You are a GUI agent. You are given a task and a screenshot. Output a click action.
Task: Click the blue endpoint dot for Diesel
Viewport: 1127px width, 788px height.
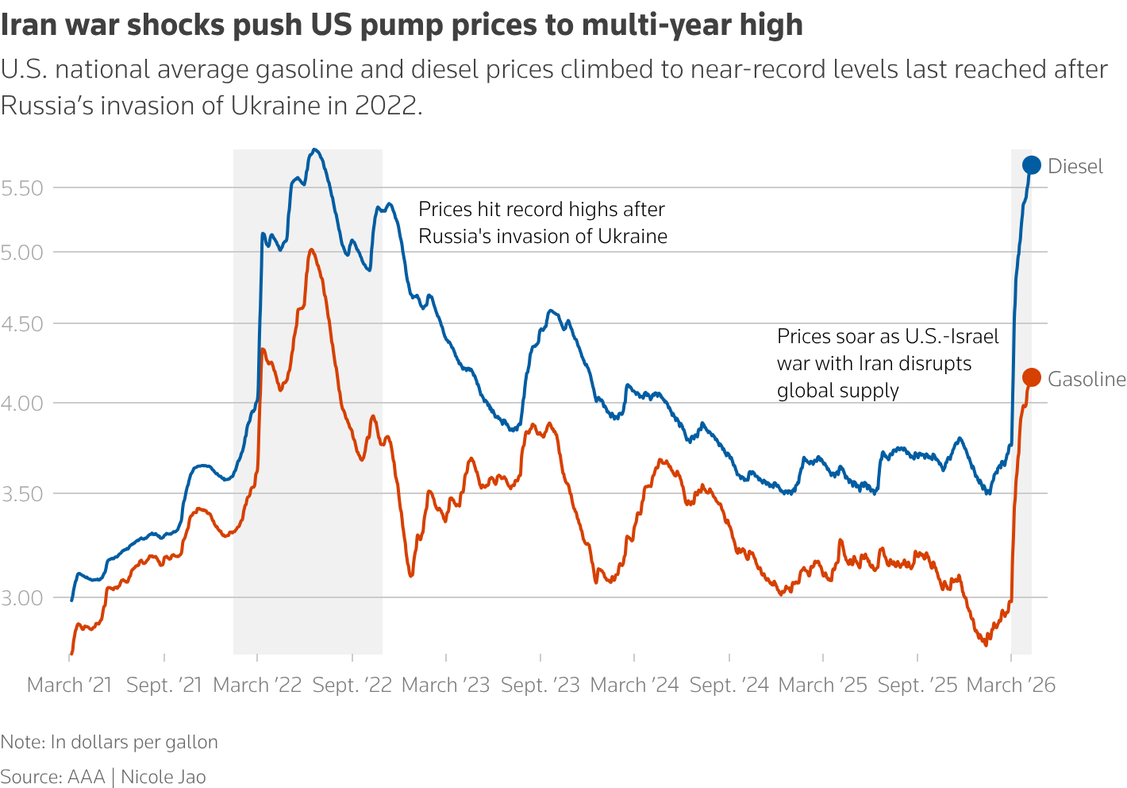click(1031, 165)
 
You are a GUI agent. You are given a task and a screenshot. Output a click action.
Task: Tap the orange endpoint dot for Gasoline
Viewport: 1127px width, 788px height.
click(1031, 377)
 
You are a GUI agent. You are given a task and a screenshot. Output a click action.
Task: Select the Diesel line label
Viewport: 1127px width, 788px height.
click(1075, 166)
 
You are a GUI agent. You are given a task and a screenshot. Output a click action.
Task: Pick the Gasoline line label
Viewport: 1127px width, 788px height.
click(1087, 379)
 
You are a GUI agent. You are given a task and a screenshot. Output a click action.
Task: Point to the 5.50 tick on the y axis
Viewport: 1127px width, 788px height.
click(21, 188)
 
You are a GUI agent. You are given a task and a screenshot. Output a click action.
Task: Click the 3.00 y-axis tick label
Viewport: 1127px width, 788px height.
click(21, 597)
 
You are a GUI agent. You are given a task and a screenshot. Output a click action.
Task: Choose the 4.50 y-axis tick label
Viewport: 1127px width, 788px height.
click(21, 324)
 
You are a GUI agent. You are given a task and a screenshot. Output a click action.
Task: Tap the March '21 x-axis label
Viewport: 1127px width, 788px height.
click(70, 685)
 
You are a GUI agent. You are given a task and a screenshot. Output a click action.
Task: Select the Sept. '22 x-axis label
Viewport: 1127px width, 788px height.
click(352, 685)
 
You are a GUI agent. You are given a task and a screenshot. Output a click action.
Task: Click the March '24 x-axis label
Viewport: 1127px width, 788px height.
click(635, 685)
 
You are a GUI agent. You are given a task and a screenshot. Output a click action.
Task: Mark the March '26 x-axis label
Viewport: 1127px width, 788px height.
click(1011, 685)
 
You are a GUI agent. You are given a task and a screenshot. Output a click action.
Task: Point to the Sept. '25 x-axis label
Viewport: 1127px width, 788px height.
click(917, 685)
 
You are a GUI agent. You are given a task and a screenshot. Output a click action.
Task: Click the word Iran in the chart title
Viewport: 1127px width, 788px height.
click(29, 25)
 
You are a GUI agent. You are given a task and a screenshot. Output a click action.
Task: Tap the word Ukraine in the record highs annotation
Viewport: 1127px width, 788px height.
click(633, 236)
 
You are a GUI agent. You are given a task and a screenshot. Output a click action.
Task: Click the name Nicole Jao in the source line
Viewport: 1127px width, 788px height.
click(163, 776)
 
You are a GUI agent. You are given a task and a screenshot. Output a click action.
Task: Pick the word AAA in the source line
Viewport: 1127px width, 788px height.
click(87, 776)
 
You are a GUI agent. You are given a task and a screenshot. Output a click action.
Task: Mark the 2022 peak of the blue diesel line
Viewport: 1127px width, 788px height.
click(315, 149)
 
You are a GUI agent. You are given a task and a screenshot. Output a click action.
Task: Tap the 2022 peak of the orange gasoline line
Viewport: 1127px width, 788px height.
click(310, 249)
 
